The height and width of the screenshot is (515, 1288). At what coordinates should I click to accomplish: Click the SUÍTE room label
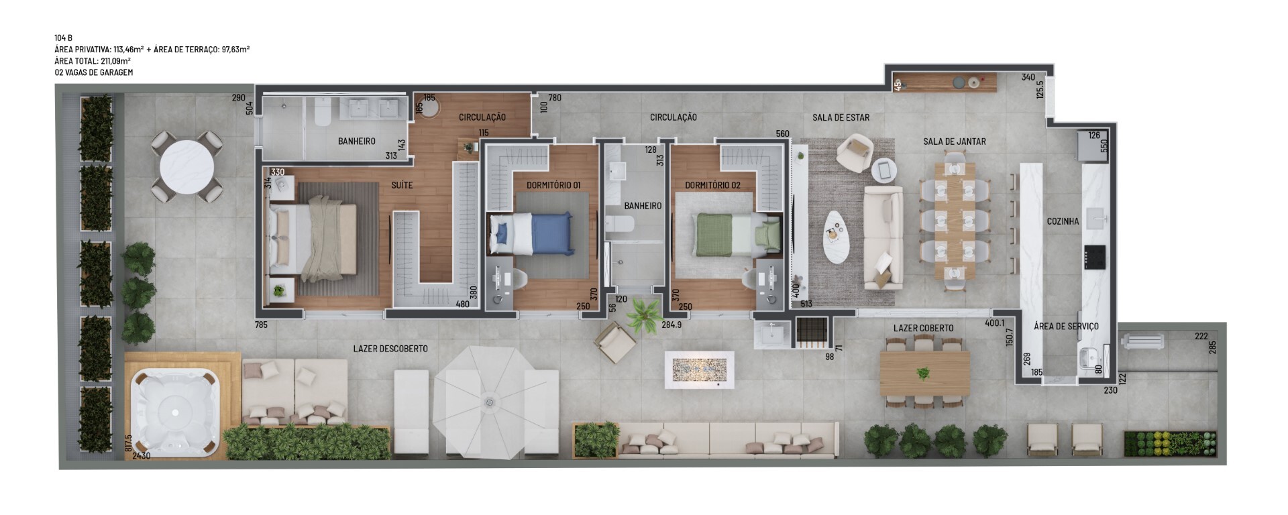pyautogui.click(x=402, y=185)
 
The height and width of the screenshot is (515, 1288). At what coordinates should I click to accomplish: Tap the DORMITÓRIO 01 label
pyautogui.click(x=553, y=185)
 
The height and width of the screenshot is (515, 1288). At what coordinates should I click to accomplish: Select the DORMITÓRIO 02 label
pyautogui.click(x=712, y=185)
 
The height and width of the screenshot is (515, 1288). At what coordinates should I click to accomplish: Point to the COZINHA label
pyautogui.click(x=1063, y=221)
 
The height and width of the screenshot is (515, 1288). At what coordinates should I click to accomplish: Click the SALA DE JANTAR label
pyautogui.click(x=955, y=141)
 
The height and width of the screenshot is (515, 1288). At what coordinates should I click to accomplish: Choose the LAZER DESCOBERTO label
pyautogui.click(x=390, y=349)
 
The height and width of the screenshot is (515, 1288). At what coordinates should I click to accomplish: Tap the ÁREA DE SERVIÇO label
pyautogui.click(x=1066, y=327)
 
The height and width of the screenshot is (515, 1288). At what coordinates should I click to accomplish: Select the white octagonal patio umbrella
pyautogui.click(x=488, y=402)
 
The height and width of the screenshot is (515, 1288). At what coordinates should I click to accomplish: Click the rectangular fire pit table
pyautogui.click(x=699, y=369)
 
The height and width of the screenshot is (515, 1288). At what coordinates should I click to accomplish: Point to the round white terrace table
pyautogui.click(x=186, y=167)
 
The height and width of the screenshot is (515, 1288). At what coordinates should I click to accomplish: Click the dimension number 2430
pyautogui.click(x=142, y=456)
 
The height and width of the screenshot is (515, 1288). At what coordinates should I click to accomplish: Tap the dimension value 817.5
pyautogui.click(x=128, y=443)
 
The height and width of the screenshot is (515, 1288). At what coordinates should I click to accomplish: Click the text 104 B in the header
pyautogui.click(x=64, y=38)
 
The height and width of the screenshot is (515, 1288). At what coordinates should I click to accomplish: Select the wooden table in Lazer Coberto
pyautogui.click(x=924, y=374)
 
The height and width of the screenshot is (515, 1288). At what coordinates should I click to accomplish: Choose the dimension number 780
pyautogui.click(x=555, y=98)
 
